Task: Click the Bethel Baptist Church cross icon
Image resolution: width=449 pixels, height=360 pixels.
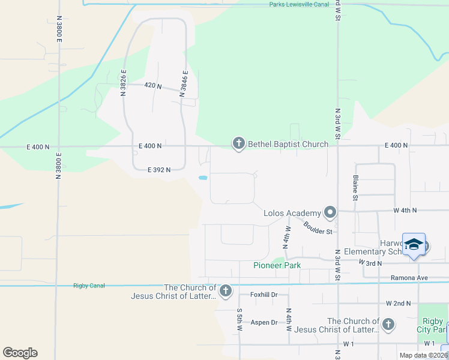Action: tap(239, 143)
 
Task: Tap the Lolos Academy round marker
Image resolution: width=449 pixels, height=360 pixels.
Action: tap(330, 212)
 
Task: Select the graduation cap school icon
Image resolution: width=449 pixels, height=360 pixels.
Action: tap(414, 244)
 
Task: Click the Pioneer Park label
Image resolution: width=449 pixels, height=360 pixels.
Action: tap(277, 265)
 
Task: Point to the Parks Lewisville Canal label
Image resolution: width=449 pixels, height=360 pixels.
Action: tap(298, 4)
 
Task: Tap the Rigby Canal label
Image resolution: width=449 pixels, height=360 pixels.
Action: tap(89, 286)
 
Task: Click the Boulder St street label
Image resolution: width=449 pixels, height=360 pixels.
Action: tap(318, 228)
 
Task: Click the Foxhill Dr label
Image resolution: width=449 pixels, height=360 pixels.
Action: tap(264, 295)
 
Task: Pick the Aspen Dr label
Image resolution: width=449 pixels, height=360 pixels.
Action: tap(264, 322)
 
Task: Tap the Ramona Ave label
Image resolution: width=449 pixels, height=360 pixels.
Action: tap(409, 278)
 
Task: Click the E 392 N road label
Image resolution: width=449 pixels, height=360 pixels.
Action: tap(159, 170)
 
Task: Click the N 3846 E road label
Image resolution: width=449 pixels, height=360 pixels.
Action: tap(184, 83)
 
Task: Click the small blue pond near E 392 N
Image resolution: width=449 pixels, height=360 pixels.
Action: tap(203, 178)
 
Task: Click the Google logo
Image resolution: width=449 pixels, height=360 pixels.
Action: tap(20, 353)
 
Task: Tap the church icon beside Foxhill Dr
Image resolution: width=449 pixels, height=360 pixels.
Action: tap(226, 291)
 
